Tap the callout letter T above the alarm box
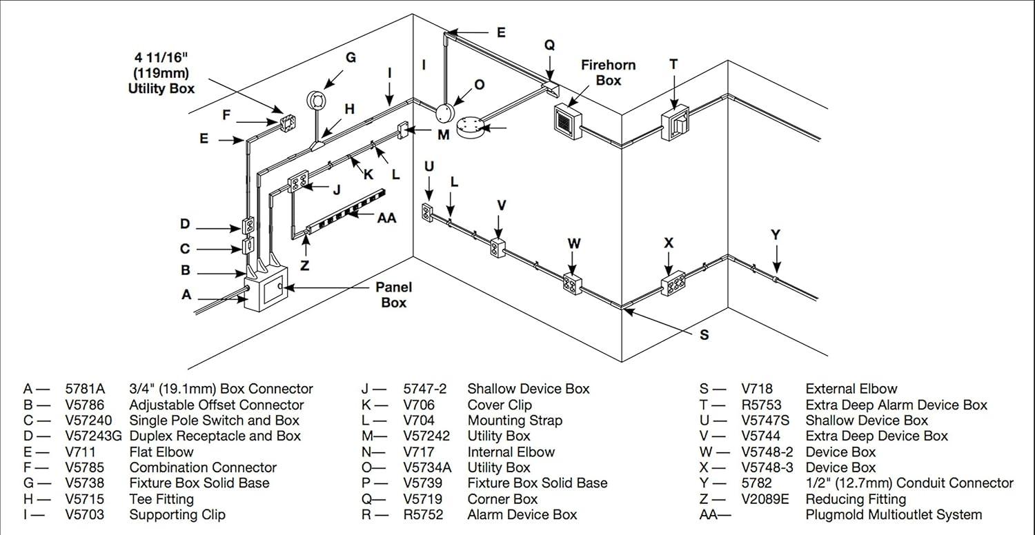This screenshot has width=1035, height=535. pos(673,64)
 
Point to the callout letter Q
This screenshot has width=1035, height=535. pos(549,45)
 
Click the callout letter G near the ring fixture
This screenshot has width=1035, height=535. pos(351,58)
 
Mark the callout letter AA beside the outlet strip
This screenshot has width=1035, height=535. pos(387,217)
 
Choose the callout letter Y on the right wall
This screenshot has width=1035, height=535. pos(776,235)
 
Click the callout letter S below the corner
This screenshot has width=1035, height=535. pos(704,335)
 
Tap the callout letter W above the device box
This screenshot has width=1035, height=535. pos(574,243)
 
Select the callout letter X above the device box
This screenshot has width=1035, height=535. pos(668,243)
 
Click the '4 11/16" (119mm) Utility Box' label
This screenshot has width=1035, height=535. pos(161,72)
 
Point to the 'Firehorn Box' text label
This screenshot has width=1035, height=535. pos(609,72)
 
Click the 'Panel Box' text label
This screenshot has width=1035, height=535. pos(394,294)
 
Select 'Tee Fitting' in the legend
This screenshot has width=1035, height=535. pos(161,499)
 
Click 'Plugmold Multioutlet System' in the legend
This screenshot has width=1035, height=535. pos(894,515)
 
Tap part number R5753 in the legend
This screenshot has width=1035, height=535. pos(761,405)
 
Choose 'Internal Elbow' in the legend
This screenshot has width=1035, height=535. pos(511,452)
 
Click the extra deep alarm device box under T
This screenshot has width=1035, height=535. pos(675,124)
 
